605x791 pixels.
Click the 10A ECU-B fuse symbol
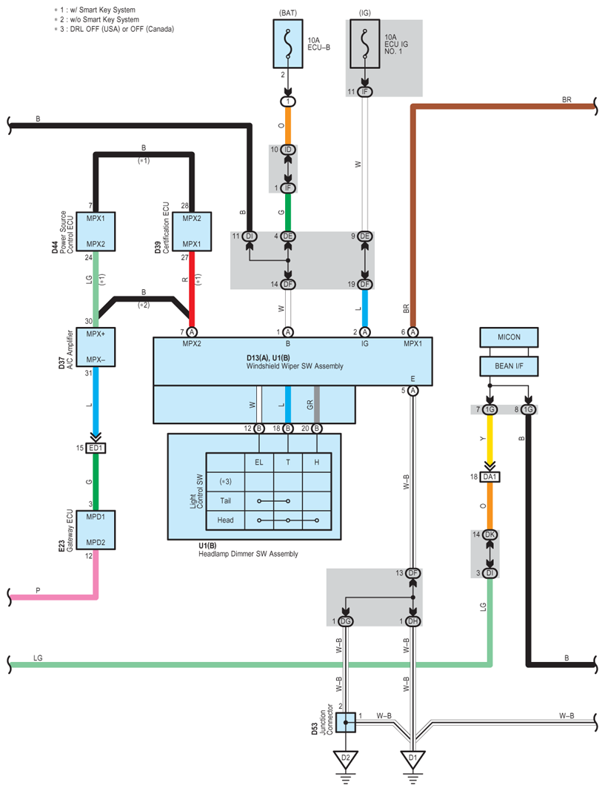(287, 44)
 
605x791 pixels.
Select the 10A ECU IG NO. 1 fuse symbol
(365, 44)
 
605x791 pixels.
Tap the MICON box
(509, 337)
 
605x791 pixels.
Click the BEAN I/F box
(509, 366)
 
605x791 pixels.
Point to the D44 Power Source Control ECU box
(96, 231)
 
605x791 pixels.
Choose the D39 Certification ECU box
(192, 231)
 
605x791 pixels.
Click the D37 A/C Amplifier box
(96, 347)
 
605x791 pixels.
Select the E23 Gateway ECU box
(96, 530)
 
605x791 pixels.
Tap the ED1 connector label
(96, 448)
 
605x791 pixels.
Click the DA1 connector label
(489, 477)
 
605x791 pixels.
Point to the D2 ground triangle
(345, 760)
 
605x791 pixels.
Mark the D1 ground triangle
(412, 760)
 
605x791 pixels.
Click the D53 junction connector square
(346, 722)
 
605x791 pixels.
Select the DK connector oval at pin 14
(489, 534)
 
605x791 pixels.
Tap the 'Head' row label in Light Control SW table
(225, 520)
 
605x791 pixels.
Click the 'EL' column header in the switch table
(259, 462)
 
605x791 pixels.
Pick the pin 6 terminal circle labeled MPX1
(413, 332)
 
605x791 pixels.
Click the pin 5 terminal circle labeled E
(413, 391)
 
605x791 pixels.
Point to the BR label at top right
(566, 100)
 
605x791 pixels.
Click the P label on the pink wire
(38, 590)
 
